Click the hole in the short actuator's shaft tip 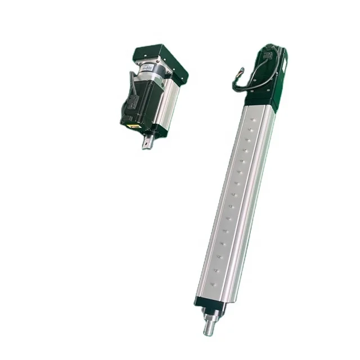pyautogui.click(x=146, y=144)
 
